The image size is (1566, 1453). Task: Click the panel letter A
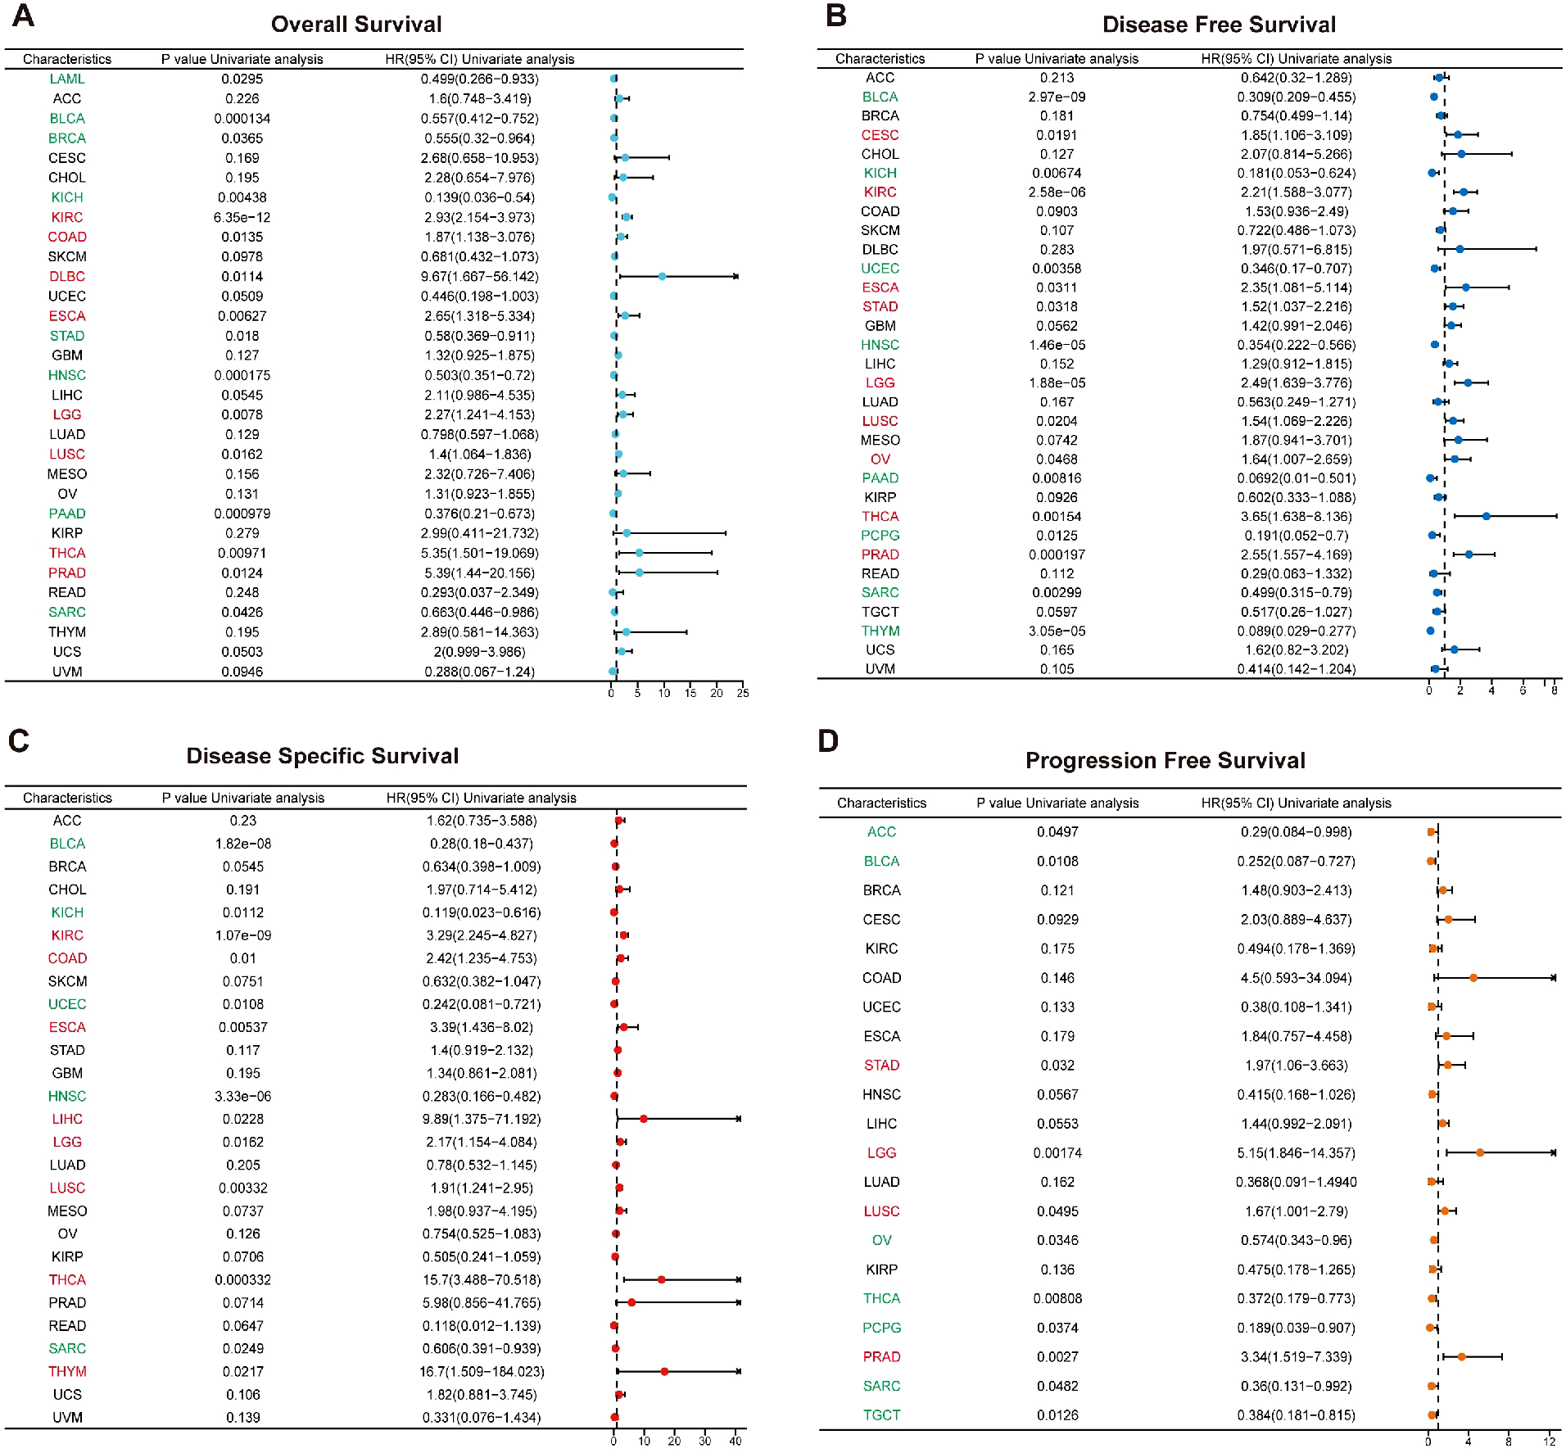click(23, 16)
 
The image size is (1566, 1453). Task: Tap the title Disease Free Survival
click(1219, 25)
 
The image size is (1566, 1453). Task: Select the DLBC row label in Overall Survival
click(66, 277)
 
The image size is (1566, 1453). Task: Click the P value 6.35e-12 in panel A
click(242, 218)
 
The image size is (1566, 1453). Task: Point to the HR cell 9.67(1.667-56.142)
click(479, 277)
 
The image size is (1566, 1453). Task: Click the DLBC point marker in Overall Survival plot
click(662, 277)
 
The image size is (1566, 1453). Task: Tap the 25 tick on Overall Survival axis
click(742, 693)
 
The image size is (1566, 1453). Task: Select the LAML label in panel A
click(66, 79)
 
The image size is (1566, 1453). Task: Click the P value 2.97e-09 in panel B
click(1057, 97)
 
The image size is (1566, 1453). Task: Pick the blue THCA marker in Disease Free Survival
click(1486, 516)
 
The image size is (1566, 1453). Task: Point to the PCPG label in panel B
click(880, 536)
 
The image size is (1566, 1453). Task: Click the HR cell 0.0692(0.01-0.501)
click(1296, 478)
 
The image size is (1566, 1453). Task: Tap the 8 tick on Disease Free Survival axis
click(1554, 690)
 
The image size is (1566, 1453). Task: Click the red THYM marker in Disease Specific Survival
click(664, 1371)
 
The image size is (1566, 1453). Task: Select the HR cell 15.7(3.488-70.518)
click(482, 1279)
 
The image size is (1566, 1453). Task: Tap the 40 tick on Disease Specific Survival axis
click(735, 1441)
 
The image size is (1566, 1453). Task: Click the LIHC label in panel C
click(66, 1119)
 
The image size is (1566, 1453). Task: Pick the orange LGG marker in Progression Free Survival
click(1479, 1152)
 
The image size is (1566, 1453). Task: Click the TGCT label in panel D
click(881, 1415)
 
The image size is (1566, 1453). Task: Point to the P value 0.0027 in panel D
click(1057, 1356)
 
